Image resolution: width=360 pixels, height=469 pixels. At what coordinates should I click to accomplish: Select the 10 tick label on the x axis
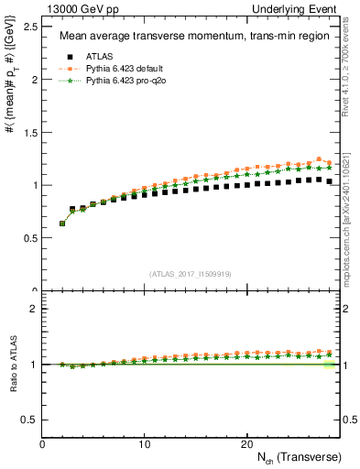144,444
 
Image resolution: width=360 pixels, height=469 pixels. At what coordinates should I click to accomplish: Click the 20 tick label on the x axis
245,444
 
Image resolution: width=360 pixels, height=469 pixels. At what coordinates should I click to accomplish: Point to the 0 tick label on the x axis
42,444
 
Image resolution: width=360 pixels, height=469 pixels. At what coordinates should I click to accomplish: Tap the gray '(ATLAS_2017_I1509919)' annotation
191,274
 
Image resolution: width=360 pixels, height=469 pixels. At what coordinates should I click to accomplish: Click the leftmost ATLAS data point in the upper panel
62,223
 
